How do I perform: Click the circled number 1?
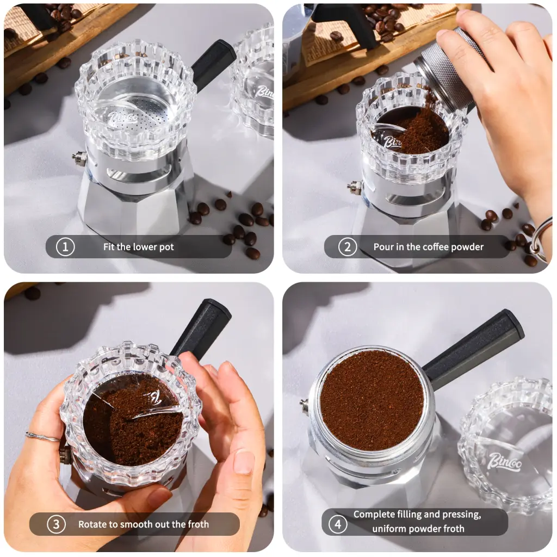click(65, 246)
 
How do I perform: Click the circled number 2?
click(348, 246)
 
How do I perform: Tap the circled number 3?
click(56, 524)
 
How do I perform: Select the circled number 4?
click(338, 524)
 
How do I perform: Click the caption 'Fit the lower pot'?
click(139, 246)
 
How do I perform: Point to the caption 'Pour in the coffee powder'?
click(429, 246)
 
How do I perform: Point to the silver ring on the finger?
click(43, 437)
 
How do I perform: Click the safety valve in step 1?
click(79, 157)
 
